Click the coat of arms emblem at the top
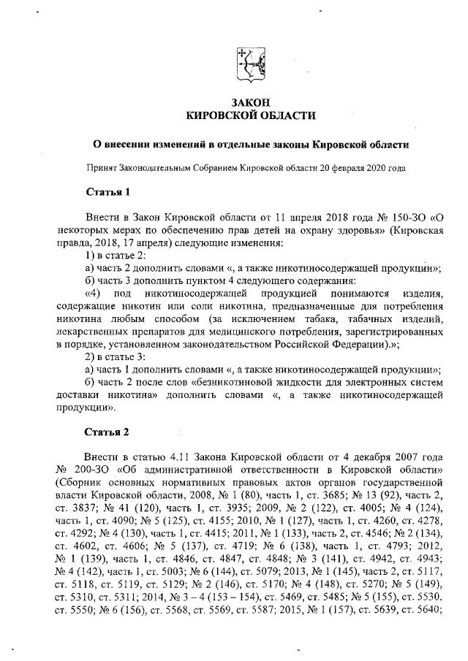tap(251, 64)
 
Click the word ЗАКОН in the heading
tap(251, 102)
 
